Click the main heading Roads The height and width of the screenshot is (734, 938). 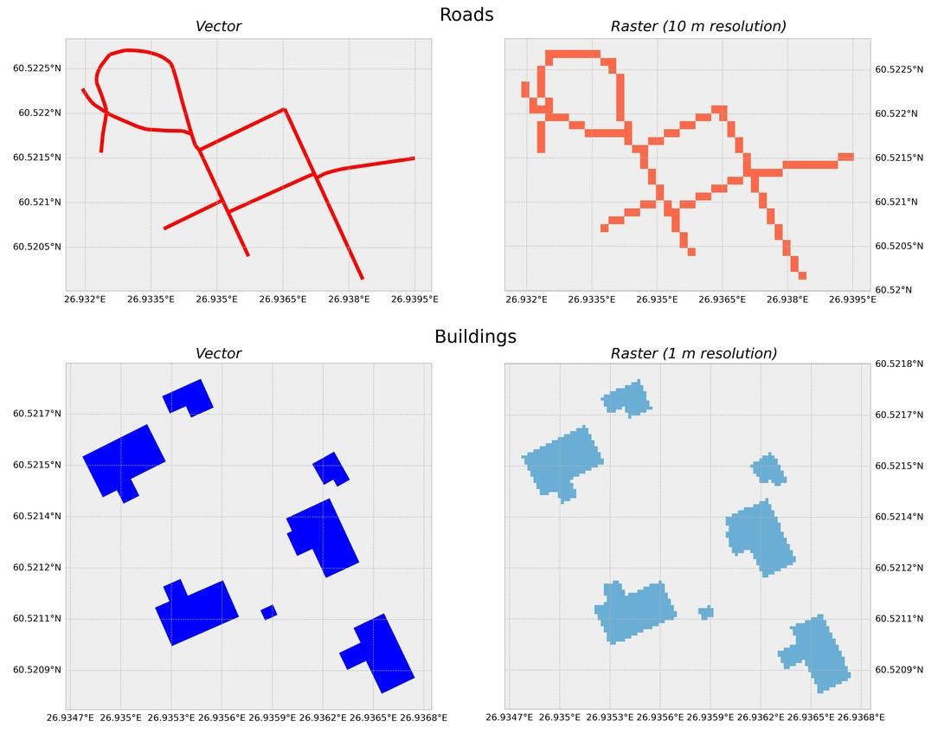[466, 15]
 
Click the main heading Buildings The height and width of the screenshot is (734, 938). [475, 337]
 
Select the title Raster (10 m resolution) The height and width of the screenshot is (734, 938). [698, 27]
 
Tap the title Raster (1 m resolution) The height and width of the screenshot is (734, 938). [693, 353]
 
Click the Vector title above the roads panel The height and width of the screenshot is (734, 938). [218, 27]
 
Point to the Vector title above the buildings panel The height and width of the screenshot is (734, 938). [218, 353]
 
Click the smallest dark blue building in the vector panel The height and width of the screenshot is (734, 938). [269, 612]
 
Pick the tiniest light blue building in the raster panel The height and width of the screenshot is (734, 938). [706, 612]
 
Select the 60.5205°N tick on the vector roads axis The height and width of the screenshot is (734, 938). [37, 247]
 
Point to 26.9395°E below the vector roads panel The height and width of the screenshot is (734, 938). [414, 299]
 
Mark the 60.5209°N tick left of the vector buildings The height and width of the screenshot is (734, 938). [37, 670]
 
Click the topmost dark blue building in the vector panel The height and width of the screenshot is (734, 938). [188, 398]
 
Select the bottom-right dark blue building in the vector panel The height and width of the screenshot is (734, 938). [382, 654]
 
